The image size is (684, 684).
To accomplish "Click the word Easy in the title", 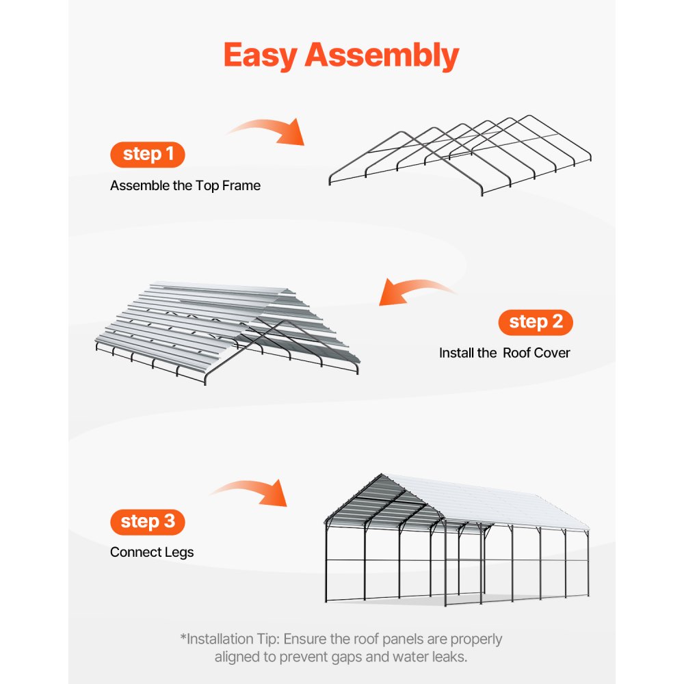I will point(261,55).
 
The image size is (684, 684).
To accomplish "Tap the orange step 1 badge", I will point(148,155).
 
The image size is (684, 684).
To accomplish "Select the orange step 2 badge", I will point(536,322).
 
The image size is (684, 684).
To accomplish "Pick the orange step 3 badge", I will point(148,522).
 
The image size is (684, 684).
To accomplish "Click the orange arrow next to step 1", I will point(267,130).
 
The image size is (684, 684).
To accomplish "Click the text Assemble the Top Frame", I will point(185,185).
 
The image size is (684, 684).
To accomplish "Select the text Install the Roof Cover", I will point(504,353).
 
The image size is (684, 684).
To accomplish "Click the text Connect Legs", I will point(152,552).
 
